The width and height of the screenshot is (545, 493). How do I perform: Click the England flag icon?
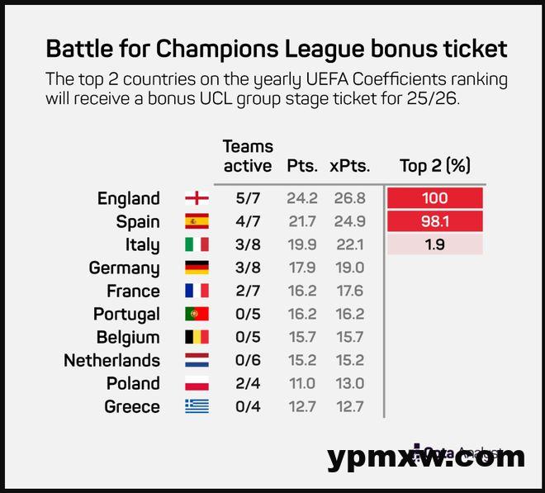pyautogui.click(x=197, y=198)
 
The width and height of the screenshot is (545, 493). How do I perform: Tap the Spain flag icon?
pyautogui.click(x=197, y=221)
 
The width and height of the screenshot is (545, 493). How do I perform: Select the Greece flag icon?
pyautogui.click(x=197, y=406)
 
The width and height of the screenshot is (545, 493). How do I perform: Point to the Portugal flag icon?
pyautogui.click(x=197, y=314)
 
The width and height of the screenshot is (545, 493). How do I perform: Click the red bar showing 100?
pyautogui.click(x=434, y=198)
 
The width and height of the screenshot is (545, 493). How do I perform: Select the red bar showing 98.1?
pyautogui.click(x=434, y=221)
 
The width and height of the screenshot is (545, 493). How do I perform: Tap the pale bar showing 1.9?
pyautogui.click(x=434, y=244)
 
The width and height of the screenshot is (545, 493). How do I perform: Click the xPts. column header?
pyautogui.click(x=349, y=165)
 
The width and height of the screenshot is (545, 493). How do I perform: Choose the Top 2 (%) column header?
pyautogui.click(x=434, y=165)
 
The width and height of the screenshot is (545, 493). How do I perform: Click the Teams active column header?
pyautogui.click(x=247, y=156)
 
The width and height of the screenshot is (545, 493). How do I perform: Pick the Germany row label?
pyautogui.click(x=124, y=268)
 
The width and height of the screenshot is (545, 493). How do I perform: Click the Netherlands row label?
pyautogui.click(x=111, y=360)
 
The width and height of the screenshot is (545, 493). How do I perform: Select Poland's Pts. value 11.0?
pyautogui.click(x=301, y=383)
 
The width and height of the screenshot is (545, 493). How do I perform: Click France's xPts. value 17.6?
pyautogui.click(x=349, y=291)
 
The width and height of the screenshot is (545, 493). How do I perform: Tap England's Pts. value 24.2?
pyautogui.click(x=301, y=198)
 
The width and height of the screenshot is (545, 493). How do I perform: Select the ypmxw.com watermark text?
pyautogui.click(x=425, y=457)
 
